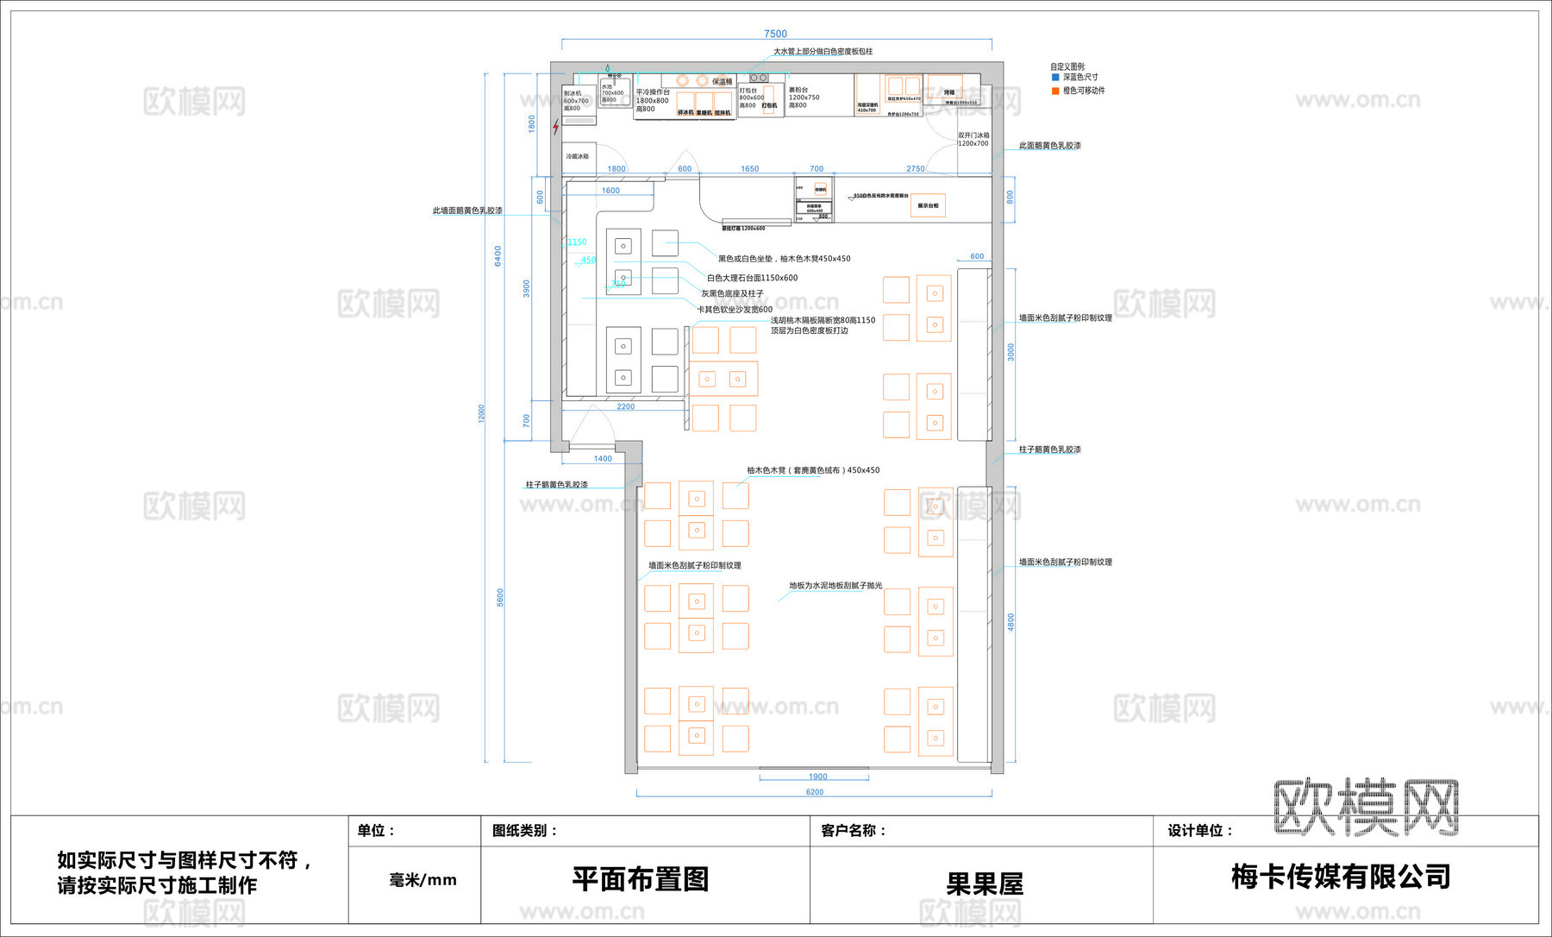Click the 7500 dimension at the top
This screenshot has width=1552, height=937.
coord(775,34)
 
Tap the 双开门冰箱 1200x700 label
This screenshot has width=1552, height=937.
coord(973,140)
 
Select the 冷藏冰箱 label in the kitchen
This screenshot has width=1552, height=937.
coord(578,156)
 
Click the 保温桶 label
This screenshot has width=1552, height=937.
coord(722,81)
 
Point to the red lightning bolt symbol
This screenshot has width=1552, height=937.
coord(556,128)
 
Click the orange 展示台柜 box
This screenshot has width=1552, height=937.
coord(928,205)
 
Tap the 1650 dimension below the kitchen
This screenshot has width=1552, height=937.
coord(749,169)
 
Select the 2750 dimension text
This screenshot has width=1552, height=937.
coord(915,169)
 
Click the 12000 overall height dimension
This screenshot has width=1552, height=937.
coord(481,413)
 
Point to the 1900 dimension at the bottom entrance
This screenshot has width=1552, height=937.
coord(817,777)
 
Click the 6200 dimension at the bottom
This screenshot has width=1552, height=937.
coord(814,792)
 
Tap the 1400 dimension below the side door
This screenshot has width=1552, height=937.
coord(603,459)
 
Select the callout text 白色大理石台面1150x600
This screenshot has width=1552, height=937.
coord(752,278)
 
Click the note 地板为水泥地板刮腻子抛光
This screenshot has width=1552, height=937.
coord(835,585)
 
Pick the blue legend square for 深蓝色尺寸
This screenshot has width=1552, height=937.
coord(1054,78)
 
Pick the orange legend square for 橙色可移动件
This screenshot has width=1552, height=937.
coord(1054,91)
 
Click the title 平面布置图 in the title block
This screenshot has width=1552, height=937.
coord(640,879)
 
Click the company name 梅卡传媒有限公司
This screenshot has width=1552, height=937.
coord(1341,877)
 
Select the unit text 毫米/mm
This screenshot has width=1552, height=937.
coord(422,880)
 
